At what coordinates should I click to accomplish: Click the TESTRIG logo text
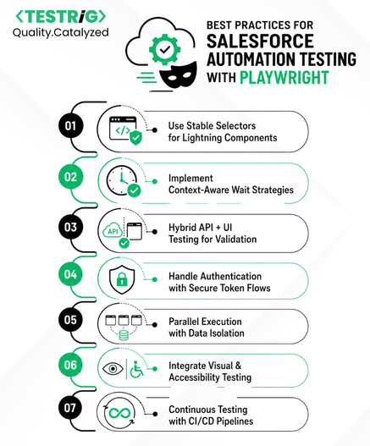tap(61, 16)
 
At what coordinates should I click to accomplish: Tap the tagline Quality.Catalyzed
tap(61, 33)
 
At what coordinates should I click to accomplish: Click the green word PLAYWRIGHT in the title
tap(284, 78)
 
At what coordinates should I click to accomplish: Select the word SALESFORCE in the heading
tap(260, 41)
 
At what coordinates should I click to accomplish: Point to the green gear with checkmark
tap(165, 50)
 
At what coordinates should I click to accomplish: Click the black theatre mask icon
tap(178, 75)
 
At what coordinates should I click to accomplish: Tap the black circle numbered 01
tap(70, 126)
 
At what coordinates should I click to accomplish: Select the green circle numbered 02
tap(70, 177)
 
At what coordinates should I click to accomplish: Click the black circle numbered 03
tap(70, 227)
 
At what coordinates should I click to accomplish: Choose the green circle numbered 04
tap(70, 274)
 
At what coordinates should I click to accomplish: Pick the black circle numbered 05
tap(70, 319)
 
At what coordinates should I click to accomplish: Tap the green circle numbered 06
tap(70, 365)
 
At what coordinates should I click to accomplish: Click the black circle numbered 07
tap(70, 408)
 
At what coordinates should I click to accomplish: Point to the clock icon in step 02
tap(122, 180)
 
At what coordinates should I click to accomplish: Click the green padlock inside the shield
tap(122, 279)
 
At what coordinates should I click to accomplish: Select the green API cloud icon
tap(113, 230)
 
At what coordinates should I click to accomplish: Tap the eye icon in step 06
tap(113, 369)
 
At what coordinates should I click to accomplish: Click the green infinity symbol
tap(120, 413)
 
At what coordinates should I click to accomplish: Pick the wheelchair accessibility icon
tap(136, 369)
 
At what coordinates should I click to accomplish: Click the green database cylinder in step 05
tap(124, 335)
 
